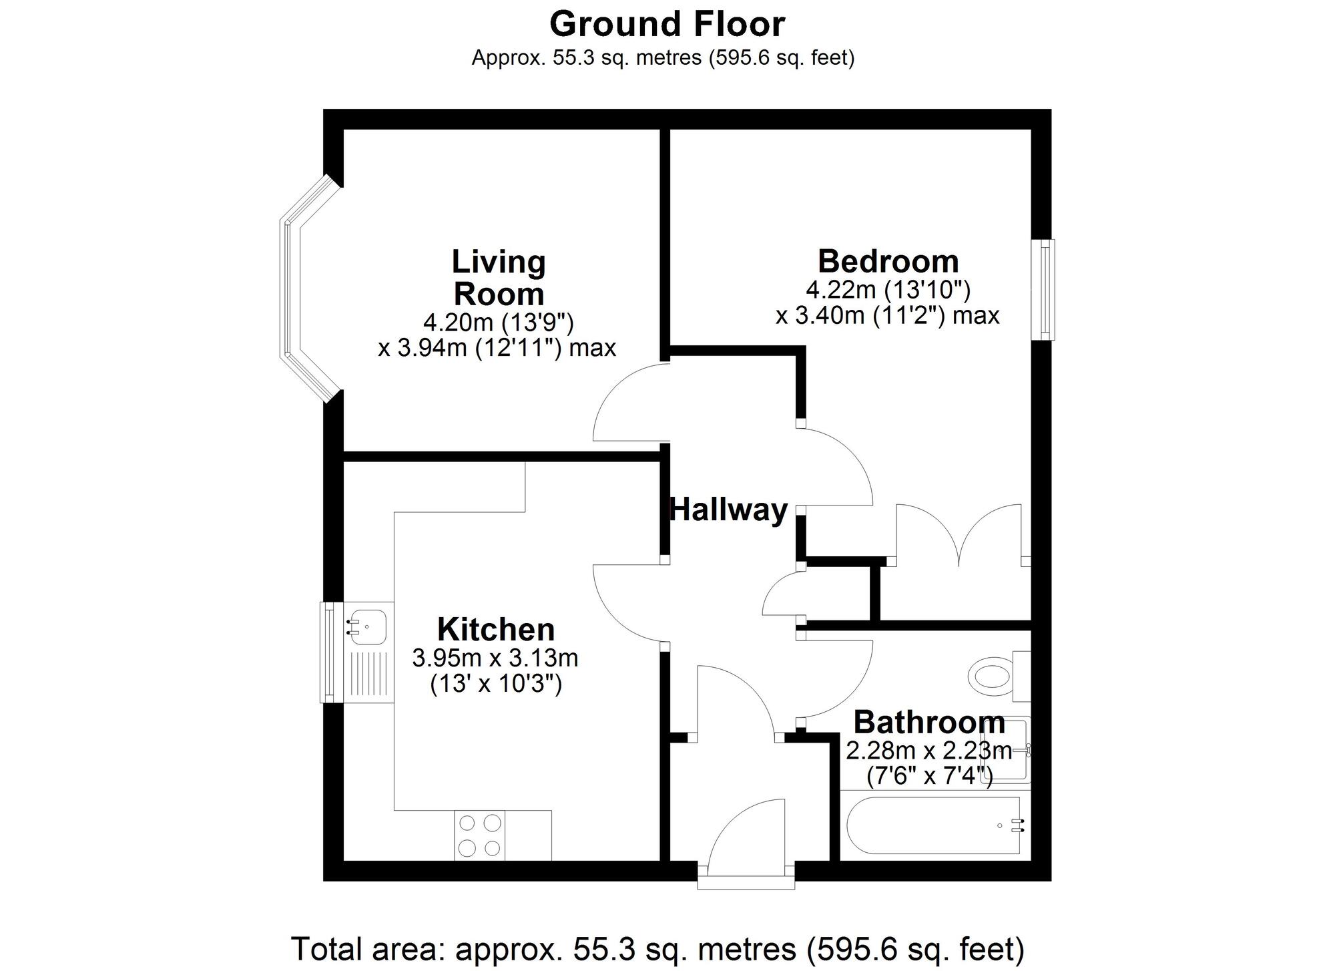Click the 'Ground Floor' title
pos(667,25)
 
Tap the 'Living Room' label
pos(499,278)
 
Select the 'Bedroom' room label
pos(888,261)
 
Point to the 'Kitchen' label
pos(496,629)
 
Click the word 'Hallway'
pos(729,510)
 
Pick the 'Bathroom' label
pos(929,723)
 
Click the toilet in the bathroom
pos(999,676)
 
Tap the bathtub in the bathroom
pos(933,825)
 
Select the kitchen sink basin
pos(368,626)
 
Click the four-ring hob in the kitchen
pos(480,835)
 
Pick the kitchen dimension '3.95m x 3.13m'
pos(495,658)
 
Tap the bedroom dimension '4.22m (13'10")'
pos(888,290)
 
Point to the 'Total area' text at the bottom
pos(657,948)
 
